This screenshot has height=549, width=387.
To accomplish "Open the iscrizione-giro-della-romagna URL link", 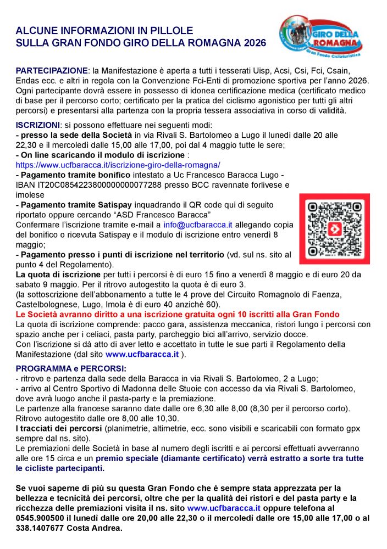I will coord(118,165).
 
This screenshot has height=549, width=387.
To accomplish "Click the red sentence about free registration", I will coord(178,314).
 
